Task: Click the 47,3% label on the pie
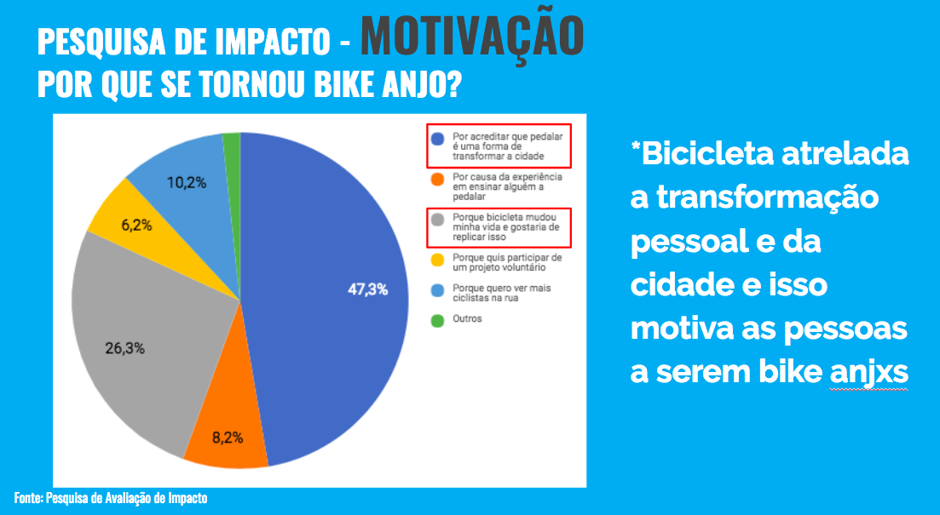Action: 367,289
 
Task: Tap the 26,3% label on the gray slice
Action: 124,348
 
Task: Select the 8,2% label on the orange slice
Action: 228,438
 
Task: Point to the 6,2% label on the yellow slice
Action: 136,226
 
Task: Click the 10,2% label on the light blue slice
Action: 187,183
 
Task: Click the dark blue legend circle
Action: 438,139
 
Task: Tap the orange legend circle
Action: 438,179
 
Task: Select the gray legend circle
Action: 438,220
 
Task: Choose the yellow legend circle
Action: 438,260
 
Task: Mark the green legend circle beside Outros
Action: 438,320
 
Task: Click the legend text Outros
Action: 467,318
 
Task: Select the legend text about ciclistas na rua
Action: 501,293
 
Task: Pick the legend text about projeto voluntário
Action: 507,262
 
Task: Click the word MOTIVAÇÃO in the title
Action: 472,36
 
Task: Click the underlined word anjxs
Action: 868,373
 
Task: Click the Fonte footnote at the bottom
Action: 111,498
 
